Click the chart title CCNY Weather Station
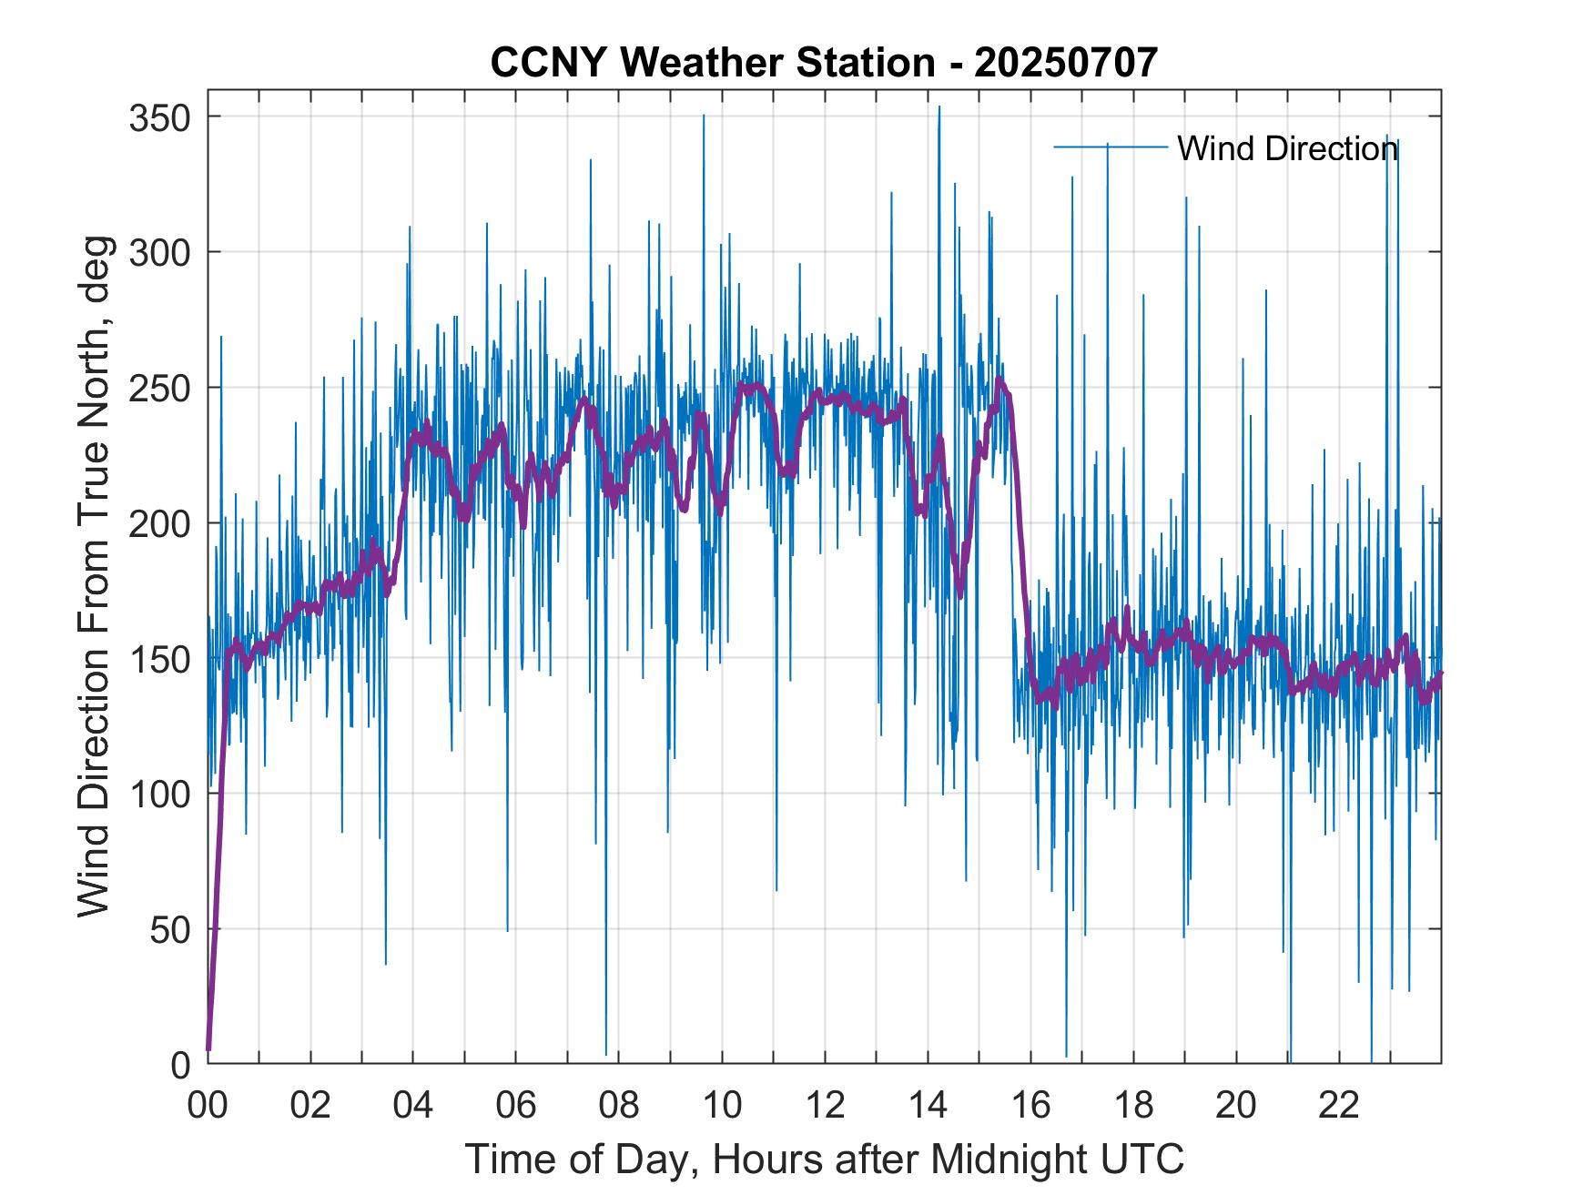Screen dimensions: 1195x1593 click(713, 63)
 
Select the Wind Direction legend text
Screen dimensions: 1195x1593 click(1287, 148)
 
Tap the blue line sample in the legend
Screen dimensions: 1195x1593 click(1110, 147)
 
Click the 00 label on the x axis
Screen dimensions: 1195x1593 click(208, 1106)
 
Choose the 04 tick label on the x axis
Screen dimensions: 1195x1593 click(413, 1106)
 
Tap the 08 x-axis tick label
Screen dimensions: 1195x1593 click(619, 1106)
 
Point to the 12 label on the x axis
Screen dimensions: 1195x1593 click(825, 1106)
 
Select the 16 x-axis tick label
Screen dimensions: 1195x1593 click(1030, 1106)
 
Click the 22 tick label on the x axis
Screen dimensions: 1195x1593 click(1339, 1106)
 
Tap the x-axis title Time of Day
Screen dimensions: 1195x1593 click(825, 1160)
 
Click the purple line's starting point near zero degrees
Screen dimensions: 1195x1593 click(208, 1049)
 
